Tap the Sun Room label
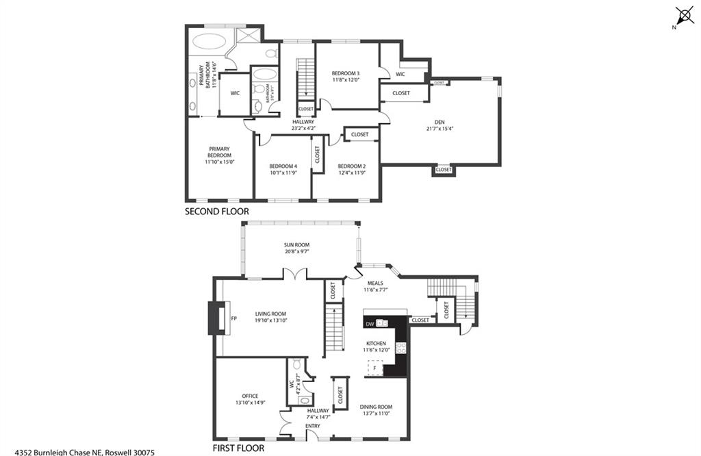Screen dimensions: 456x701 [x=297, y=244]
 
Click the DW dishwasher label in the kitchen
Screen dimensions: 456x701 [x=370, y=323]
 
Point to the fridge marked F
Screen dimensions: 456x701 [x=374, y=368]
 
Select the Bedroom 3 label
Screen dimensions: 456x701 [x=346, y=73]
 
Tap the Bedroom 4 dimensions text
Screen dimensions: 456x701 [x=283, y=173]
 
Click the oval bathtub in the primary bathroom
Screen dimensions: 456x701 [x=208, y=41]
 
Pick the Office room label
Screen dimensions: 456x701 [x=250, y=396]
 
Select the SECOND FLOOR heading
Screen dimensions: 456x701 [x=217, y=212]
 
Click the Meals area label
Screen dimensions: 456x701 [x=374, y=283]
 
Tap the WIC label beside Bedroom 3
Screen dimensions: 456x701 [x=400, y=74]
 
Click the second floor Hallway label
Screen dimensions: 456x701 [x=303, y=122]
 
